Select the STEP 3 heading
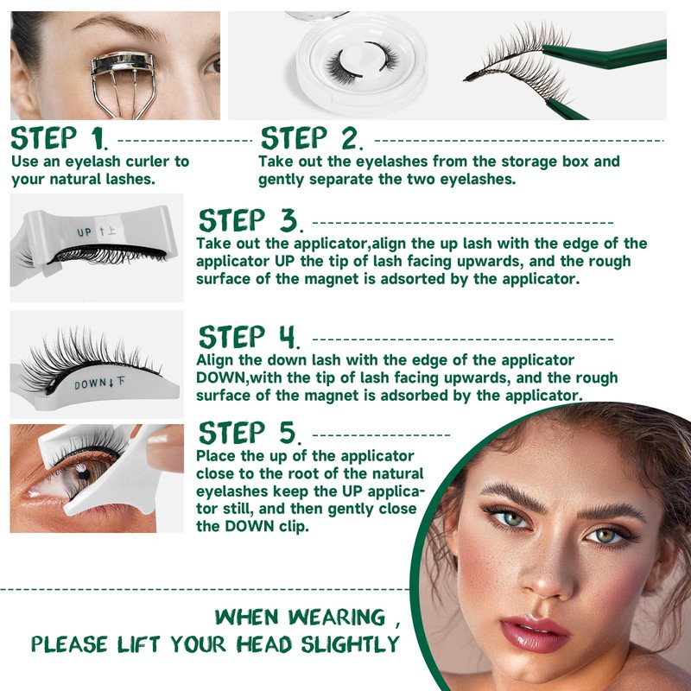tap(249, 220)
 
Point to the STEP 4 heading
tap(249, 337)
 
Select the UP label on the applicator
tap(84, 232)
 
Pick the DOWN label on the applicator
tap(90, 384)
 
